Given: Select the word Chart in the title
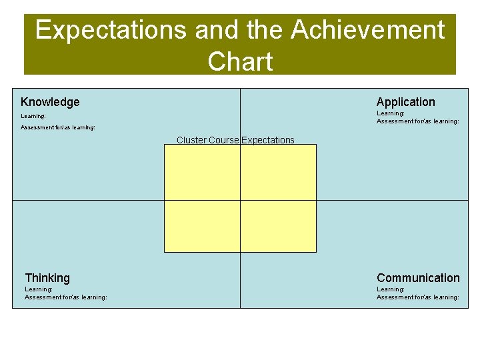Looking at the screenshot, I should tap(240, 62).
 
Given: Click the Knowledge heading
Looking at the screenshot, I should tap(50, 102).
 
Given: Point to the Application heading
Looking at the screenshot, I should tap(405, 102).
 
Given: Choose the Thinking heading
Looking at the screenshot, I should tap(47, 278).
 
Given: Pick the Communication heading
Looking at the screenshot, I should tap(418, 278).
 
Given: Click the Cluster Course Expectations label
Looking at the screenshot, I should tap(235, 140).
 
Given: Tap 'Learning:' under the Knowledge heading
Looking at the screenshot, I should tap(33, 116).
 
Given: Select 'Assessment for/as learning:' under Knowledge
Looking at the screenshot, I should tap(58, 127).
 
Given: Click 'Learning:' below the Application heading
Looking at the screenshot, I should tap(391, 113).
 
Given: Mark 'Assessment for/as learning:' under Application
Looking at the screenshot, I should tap(418, 121).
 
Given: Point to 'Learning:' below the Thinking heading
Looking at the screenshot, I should tap(39, 289).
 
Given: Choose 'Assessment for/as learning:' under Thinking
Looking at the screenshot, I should tap(66, 297).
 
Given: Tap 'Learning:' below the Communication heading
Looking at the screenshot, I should tap(391, 289).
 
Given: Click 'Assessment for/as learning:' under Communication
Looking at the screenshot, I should tap(418, 297).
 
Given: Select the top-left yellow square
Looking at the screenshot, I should tap(202, 172).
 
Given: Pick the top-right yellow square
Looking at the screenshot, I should tap(278, 172).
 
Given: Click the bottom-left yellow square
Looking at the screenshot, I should tap(202, 226).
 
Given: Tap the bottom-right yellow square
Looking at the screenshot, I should tap(278, 226).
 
